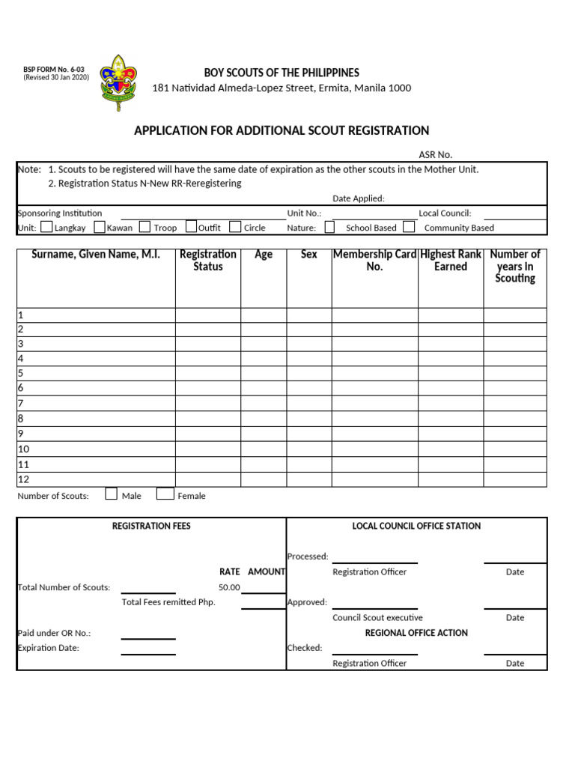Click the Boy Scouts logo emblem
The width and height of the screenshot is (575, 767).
(x=118, y=82)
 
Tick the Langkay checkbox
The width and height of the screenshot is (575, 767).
(x=46, y=227)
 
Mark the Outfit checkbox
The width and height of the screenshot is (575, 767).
(x=192, y=227)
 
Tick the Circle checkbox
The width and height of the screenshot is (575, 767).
(x=235, y=227)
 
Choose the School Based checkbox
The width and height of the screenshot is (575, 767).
(x=330, y=227)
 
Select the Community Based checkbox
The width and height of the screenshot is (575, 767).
(x=409, y=227)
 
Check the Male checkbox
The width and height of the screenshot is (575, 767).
(x=112, y=494)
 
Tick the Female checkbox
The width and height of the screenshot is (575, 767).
(x=162, y=494)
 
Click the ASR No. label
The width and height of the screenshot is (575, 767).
(x=435, y=154)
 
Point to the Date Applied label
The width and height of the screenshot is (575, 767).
(x=359, y=198)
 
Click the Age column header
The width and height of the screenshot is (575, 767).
(x=264, y=255)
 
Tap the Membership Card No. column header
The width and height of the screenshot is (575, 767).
(x=374, y=261)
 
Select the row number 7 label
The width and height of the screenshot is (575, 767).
(x=21, y=404)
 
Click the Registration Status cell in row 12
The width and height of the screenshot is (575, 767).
(x=207, y=479)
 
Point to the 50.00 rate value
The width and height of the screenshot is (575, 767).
(x=229, y=587)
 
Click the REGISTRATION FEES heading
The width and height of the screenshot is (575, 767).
(x=151, y=526)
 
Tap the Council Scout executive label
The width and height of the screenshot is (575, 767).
(x=377, y=618)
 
